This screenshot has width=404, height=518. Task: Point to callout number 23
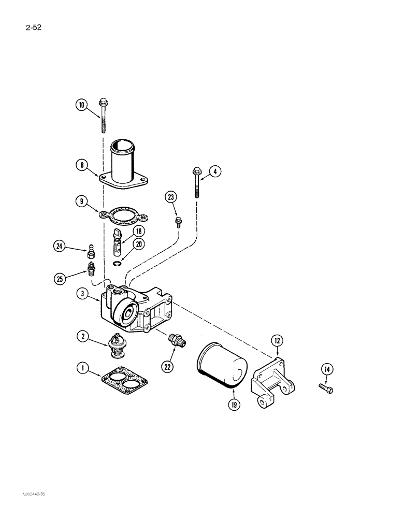[x=171, y=196]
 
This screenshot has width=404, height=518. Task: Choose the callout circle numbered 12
[x=277, y=340]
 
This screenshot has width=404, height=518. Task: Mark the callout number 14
[x=326, y=369]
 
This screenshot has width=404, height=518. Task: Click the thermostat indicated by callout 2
[x=117, y=344]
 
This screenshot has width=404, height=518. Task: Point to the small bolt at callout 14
[x=327, y=388]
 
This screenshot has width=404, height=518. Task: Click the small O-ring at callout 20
[x=119, y=263]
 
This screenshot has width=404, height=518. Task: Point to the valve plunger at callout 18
[x=117, y=241]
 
